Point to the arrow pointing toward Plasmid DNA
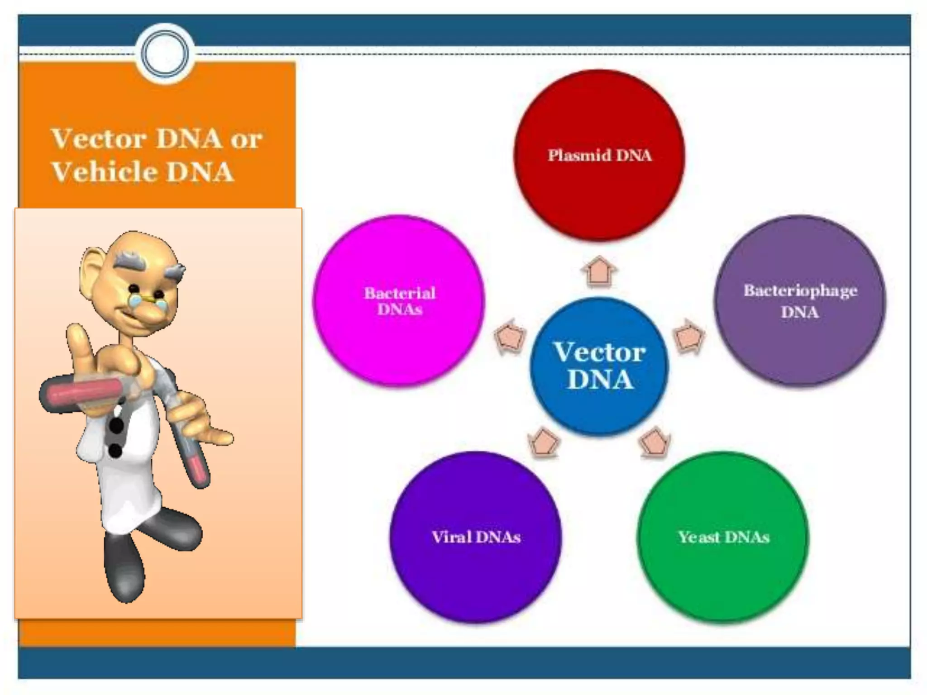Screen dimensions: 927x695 (599, 271)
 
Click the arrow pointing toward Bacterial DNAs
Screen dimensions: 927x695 (511, 337)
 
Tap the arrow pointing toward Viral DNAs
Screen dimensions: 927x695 (544, 442)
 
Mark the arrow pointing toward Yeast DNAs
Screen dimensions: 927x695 (655, 442)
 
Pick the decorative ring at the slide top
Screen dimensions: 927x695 (165, 54)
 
